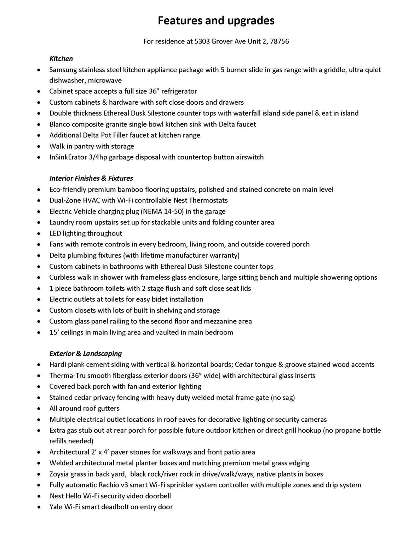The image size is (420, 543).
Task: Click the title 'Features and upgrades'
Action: click(216, 21)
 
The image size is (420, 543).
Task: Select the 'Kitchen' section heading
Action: click(61, 59)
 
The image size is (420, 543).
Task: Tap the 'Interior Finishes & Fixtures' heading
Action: click(91, 179)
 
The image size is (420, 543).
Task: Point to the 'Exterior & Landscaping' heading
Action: click(86, 354)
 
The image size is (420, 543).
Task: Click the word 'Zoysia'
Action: click(59, 474)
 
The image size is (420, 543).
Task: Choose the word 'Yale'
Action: click(56, 507)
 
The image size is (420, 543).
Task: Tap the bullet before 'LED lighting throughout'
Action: click(39, 234)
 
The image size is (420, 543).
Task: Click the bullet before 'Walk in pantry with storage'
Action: click(39, 147)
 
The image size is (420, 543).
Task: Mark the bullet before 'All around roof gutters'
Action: click(39, 409)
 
